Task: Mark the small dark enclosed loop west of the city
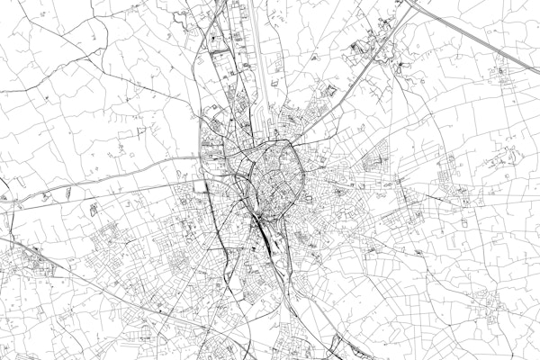coord(94,210)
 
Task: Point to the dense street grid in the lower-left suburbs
coord(117,243)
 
